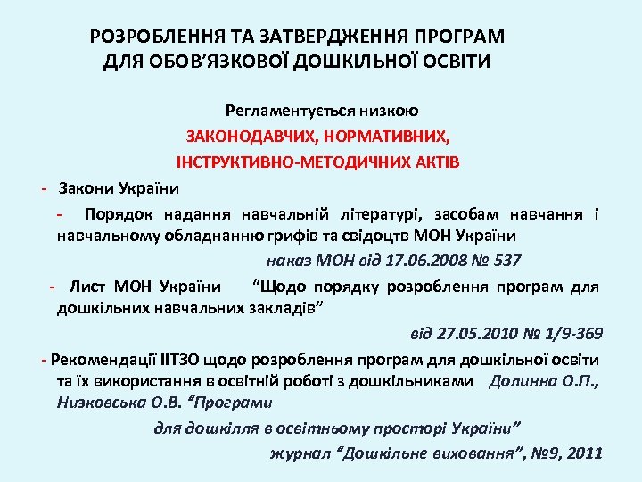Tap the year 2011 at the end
tap(585, 453)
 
